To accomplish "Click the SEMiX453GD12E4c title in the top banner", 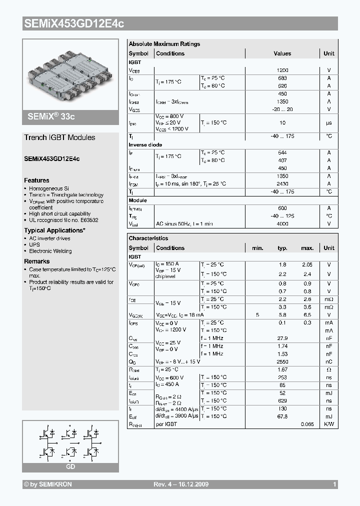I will coord(74,23).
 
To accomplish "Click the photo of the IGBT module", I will coord(70,73).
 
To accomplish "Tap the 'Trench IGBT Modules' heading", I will coord(59,137).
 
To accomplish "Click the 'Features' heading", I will coord(36,180).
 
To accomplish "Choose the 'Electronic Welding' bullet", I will coord(50,251).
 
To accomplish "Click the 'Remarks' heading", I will coord(37,261).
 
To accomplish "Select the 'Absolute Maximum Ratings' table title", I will coord(164,44).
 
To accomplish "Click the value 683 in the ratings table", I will coord(282,78).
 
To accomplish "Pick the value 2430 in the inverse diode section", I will coord(282,184).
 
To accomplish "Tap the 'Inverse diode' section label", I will coord(145,145).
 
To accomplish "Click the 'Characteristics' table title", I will coord(148,238).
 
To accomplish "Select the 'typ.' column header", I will coord(282,248).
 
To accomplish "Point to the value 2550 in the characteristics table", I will coord(282,361).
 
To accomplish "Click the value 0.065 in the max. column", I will coord(307,424).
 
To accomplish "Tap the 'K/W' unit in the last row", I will coord(329,424).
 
